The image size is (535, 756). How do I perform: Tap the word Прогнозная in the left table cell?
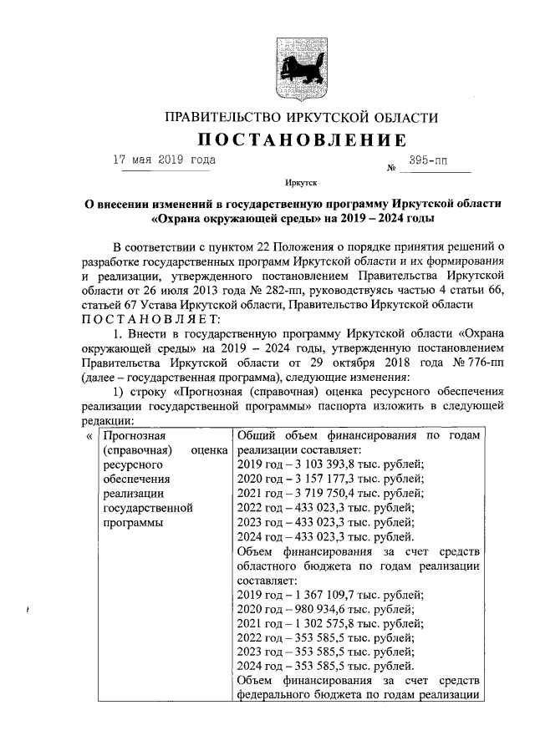[134, 435]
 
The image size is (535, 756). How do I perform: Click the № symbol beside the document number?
[390, 168]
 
